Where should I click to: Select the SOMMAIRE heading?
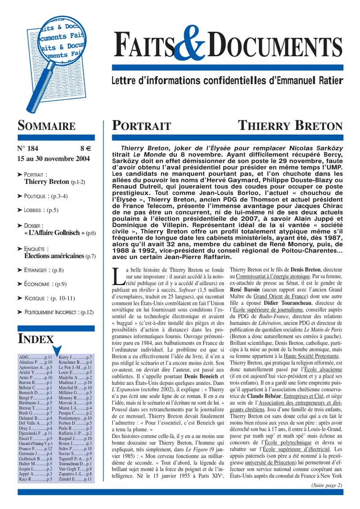click(46, 126)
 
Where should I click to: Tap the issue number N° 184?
click(28, 149)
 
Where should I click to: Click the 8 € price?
click(86, 149)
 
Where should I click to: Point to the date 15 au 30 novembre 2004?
click(54, 159)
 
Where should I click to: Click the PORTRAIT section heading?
click(141, 126)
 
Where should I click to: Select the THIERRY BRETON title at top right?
click(290, 126)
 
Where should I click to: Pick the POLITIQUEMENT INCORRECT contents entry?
click(58, 312)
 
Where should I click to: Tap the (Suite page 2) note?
click(326, 485)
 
